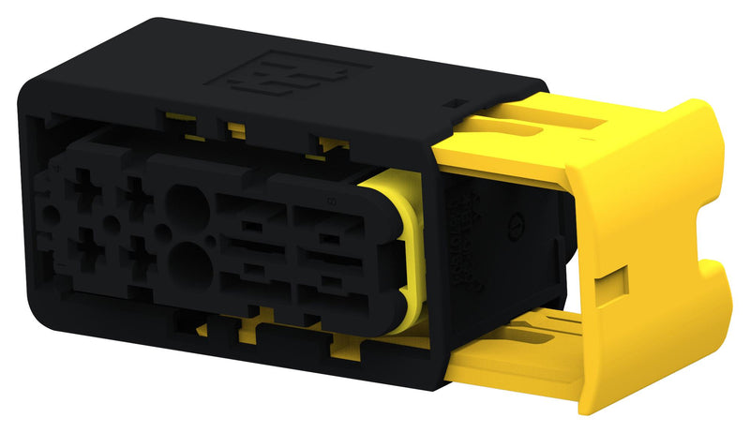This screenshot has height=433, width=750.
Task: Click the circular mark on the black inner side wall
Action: click(x=514, y=225)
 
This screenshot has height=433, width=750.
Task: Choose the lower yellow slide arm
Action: click(x=525, y=361)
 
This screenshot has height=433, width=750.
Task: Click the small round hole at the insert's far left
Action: click(x=45, y=214)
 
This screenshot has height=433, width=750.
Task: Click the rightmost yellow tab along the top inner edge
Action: click(x=330, y=143)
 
